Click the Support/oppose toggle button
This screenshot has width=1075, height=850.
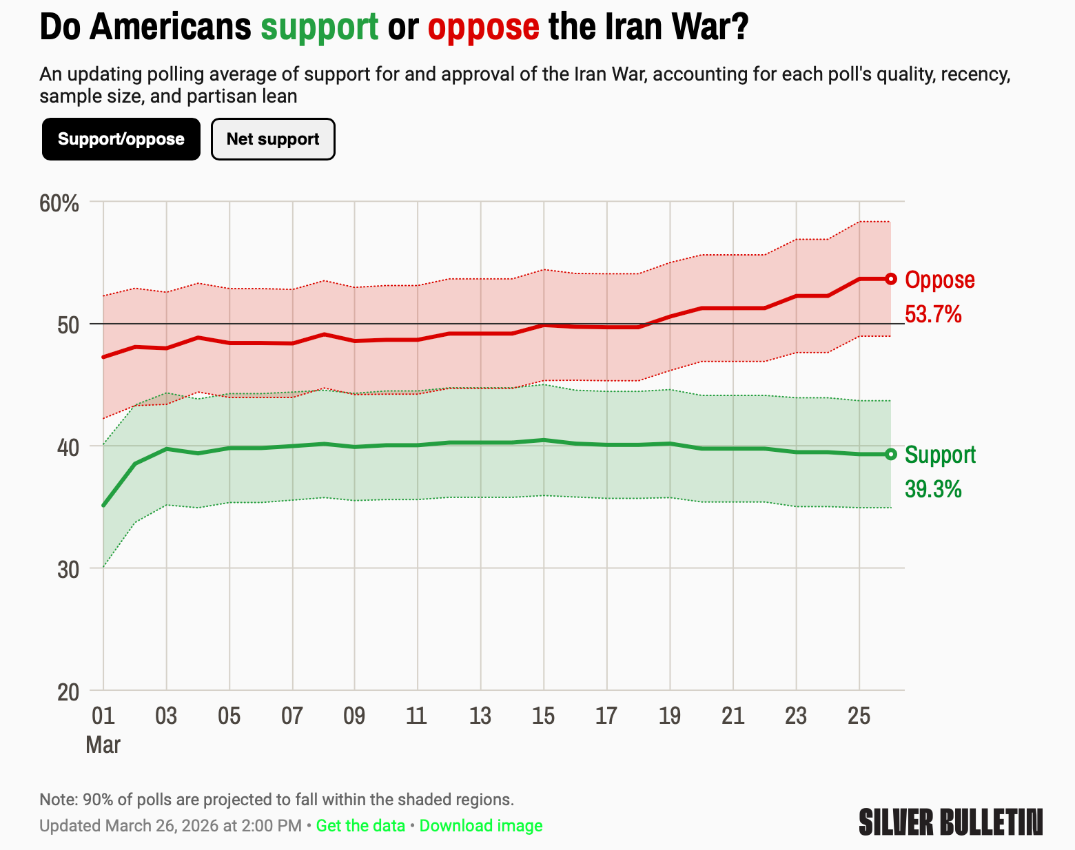pyautogui.click(x=121, y=139)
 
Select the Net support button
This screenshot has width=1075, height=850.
pyautogui.click(x=273, y=139)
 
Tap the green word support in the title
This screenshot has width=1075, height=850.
pyautogui.click(x=320, y=28)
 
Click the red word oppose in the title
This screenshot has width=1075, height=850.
pyautogui.click(x=483, y=28)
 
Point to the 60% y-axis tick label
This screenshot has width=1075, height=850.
pyautogui.click(x=59, y=204)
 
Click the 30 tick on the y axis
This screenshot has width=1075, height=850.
pyautogui.click(x=69, y=569)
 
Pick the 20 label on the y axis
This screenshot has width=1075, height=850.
pyautogui.click(x=69, y=692)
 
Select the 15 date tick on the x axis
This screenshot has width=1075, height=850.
pyautogui.click(x=543, y=716)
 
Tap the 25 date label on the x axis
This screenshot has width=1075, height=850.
pyautogui.click(x=859, y=716)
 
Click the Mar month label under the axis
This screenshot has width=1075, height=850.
pyautogui.click(x=103, y=745)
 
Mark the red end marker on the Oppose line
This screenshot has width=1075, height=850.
pyautogui.click(x=890, y=279)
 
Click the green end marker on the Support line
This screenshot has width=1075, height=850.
pyautogui.click(x=890, y=454)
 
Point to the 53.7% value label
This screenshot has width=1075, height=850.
pyautogui.click(x=933, y=315)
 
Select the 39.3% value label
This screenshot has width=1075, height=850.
pyautogui.click(x=933, y=490)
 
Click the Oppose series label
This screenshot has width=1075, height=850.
pyautogui.click(x=939, y=280)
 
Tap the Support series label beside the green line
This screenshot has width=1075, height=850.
pyautogui.click(x=940, y=455)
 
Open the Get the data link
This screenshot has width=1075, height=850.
pyautogui.click(x=360, y=825)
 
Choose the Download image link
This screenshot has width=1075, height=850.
pyautogui.click(x=481, y=825)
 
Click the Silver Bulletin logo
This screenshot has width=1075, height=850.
pyautogui.click(x=951, y=822)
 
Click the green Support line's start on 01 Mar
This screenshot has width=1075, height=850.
pyautogui.click(x=103, y=506)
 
